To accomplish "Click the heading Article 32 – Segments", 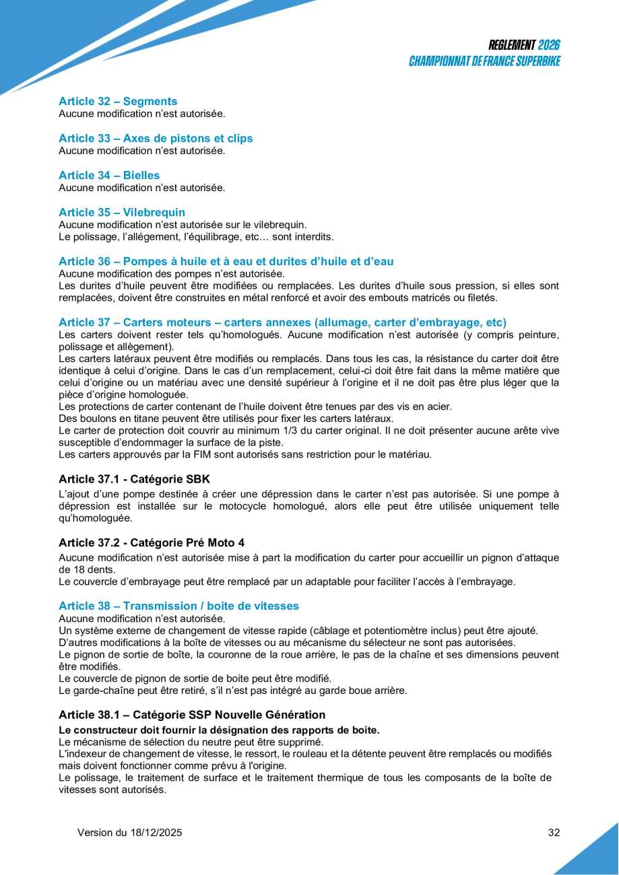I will tap(118, 102).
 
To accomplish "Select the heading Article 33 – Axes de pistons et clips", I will tap(156, 139).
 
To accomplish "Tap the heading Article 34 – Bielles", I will tap(109, 176).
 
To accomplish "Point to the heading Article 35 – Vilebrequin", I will tap(122, 213).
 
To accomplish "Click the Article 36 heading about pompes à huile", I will tap(226, 261).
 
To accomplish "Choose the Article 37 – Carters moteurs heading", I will tap(282, 322).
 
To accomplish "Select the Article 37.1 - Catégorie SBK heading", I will tap(134, 479).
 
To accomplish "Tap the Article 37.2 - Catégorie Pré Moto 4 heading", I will tap(156, 542).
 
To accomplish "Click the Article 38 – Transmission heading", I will tap(178, 606).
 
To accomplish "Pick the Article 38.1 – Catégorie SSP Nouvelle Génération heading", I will tap(192, 715).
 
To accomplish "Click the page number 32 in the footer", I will tap(554, 833).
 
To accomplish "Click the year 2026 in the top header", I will tap(549, 46).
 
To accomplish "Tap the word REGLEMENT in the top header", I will tap(512, 46).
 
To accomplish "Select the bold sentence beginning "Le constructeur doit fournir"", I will tap(219, 730).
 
